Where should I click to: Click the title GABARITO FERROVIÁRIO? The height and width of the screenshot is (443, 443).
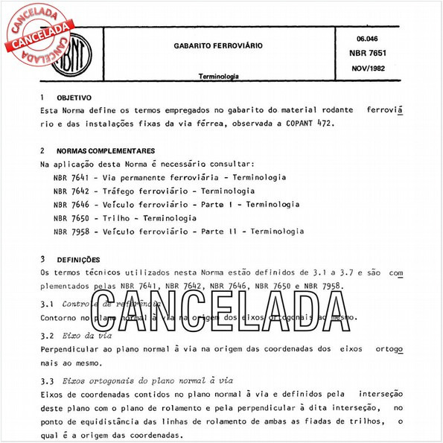pos(218,45)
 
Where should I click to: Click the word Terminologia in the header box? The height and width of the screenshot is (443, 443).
pos(218,76)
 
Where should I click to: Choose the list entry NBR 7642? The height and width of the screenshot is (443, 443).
pos(73,191)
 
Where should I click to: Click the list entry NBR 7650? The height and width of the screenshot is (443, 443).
pos(73,218)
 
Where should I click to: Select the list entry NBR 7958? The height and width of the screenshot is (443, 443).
pos(73,232)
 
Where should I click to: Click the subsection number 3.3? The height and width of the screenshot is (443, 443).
pos(46,380)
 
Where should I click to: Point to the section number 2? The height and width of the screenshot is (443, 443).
pos(42,150)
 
